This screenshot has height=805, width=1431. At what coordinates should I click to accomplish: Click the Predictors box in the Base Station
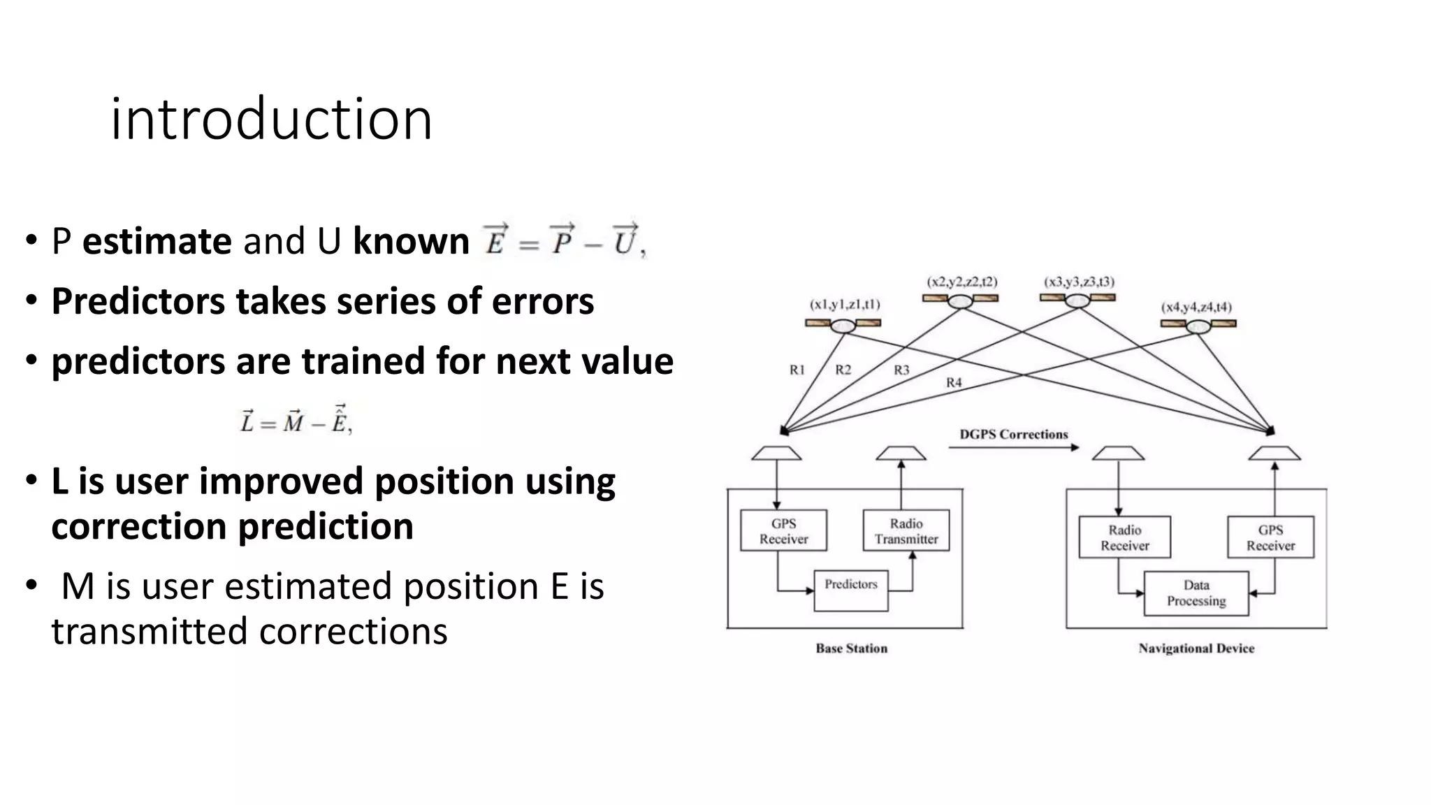pyautogui.click(x=850, y=590)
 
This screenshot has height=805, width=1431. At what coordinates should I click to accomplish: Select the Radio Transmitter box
pyautogui.click(x=906, y=531)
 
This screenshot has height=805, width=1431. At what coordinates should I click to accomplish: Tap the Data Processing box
pyautogui.click(x=1196, y=593)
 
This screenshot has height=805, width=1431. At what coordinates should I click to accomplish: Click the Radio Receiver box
pyautogui.click(x=1124, y=537)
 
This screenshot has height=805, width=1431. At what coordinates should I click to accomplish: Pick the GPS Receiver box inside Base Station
pyautogui.click(x=783, y=531)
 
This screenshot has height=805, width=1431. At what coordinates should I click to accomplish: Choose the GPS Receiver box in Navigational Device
pyautogui.click(x=1270, y=537)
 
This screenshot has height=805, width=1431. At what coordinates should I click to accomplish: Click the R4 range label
pyautogui.click(x=954, y=383)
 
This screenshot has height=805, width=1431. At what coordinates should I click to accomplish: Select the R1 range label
pyautogui.click(x=797, y=370)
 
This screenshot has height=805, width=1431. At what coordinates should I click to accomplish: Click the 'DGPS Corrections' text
pyautogui.click(x=1013, y=435)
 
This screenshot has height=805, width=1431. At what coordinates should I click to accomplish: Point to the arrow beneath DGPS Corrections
pyautogui.click(x=1013, y=448)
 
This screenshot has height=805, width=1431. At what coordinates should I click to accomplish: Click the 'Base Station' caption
pyautogui.click(x=851, y=648)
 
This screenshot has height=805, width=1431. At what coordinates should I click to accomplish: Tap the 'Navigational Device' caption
pyautogui.click(x=1196, y=648)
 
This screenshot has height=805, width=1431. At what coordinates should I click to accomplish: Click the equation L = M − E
pyautogui.click(x=296, y=421)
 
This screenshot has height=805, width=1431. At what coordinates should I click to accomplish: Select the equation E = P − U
pyautogui.click(x=563, y=241)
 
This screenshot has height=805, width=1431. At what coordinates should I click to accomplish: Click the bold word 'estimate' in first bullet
pyautogui.click(x=157, y=241)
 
